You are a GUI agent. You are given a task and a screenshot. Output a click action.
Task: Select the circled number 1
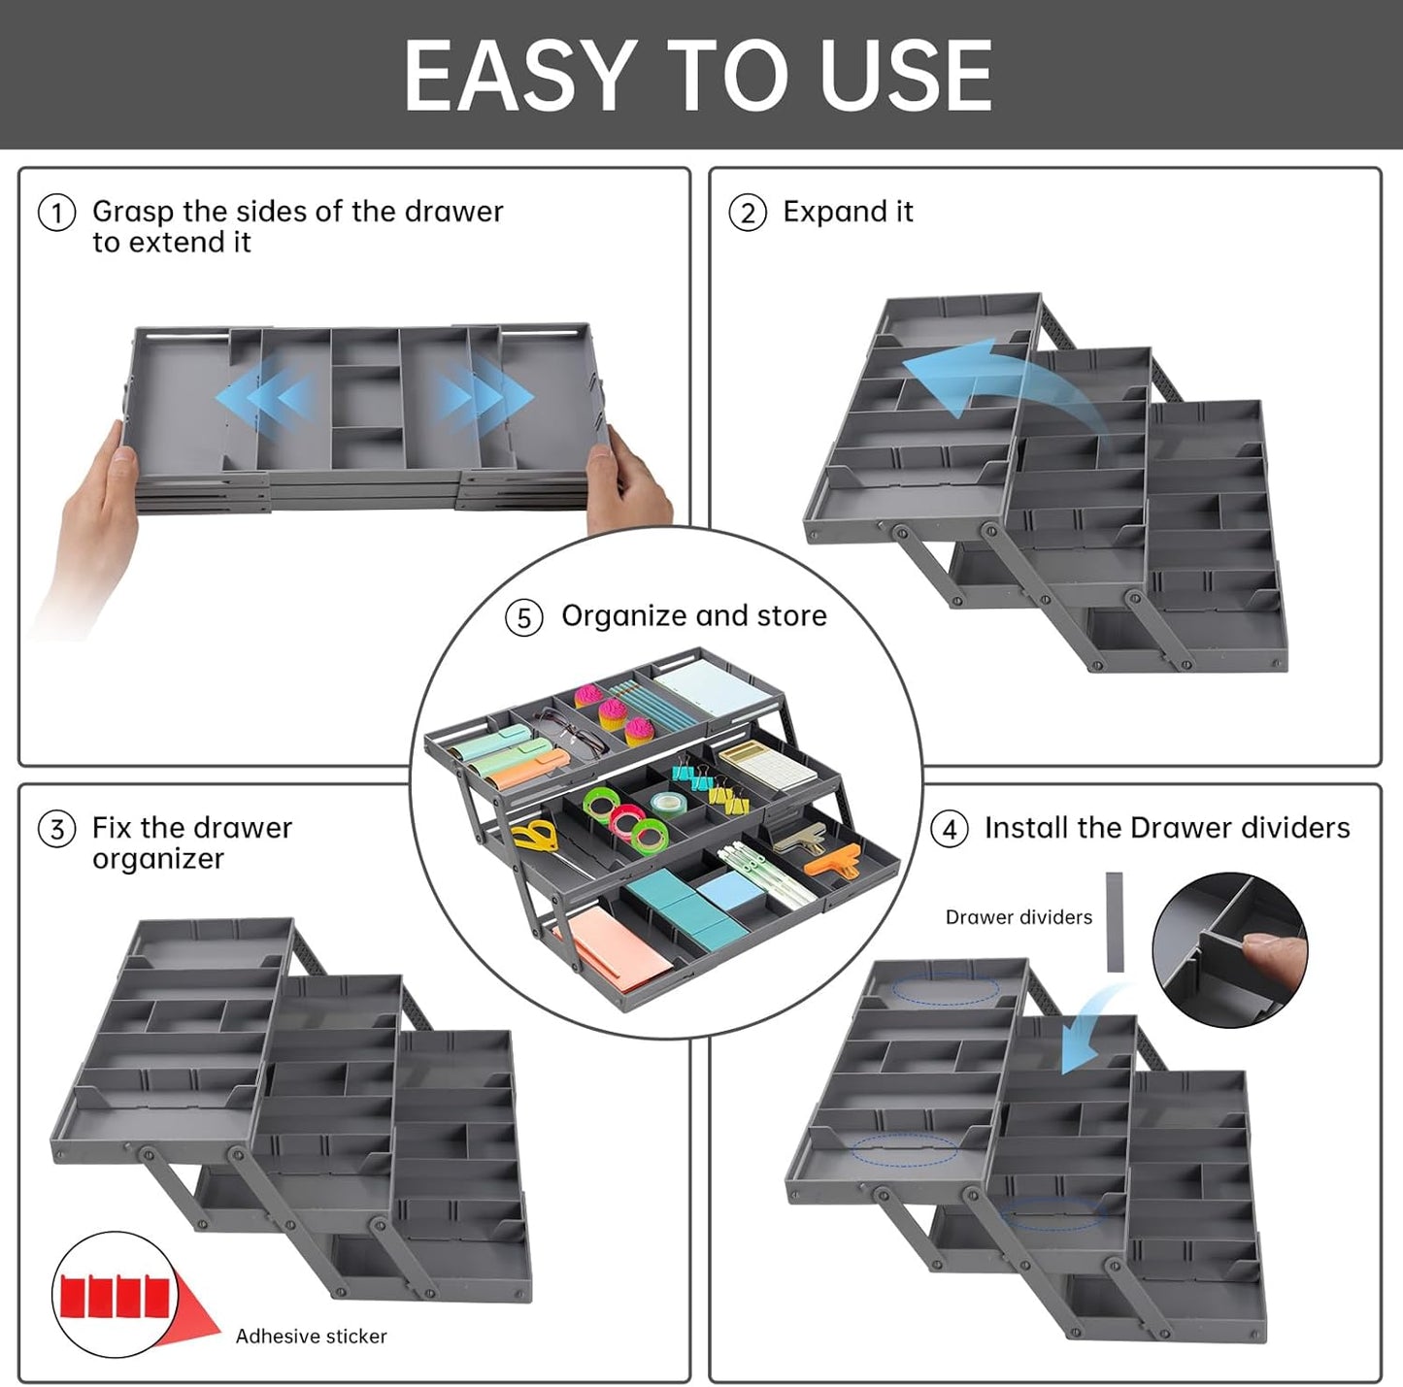[56, 213]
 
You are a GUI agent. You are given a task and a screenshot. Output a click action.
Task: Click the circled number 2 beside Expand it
[748, 213]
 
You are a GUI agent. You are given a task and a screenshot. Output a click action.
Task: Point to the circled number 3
[56, 829]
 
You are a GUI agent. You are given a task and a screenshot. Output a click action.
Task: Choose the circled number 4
[949, 829]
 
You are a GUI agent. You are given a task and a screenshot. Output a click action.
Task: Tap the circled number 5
[523, 617]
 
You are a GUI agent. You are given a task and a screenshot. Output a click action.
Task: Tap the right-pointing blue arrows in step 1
[485, 397]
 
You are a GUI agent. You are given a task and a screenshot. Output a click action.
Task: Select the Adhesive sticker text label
[311, 1337]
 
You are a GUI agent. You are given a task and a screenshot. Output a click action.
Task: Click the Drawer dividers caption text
[1019, 917]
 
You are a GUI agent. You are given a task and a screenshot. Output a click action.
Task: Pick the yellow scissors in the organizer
[535, 834]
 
